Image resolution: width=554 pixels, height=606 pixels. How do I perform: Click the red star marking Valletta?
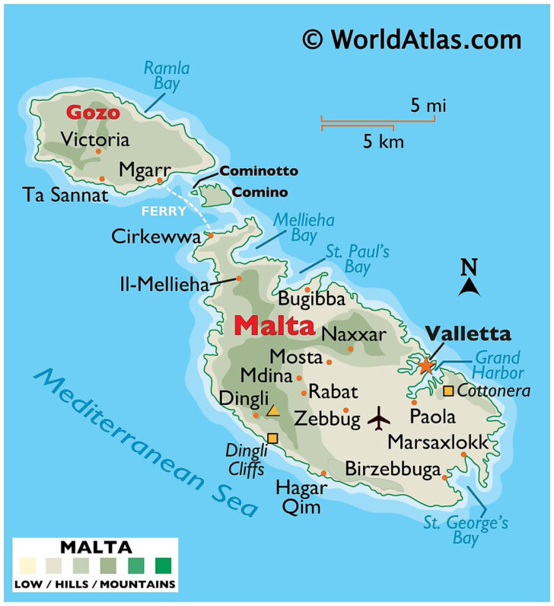coord(425,365)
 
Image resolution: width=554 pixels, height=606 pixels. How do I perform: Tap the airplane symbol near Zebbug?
coord(378,417)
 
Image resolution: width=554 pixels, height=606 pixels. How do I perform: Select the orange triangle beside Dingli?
coord(273,411)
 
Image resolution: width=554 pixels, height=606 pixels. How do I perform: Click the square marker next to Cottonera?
coord(448,391)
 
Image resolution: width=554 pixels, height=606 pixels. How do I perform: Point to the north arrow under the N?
coord(470,286)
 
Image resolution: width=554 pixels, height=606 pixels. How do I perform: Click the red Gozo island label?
coord(93,113)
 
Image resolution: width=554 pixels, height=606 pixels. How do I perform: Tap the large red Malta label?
coord(274,327)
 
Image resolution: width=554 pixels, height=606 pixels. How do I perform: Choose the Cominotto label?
coord(259,171)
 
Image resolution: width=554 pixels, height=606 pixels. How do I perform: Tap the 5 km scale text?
coord(383,142)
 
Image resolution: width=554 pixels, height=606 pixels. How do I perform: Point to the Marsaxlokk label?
coord(437,442)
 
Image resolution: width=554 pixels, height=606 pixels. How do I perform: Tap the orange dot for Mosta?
coord(329,360)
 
